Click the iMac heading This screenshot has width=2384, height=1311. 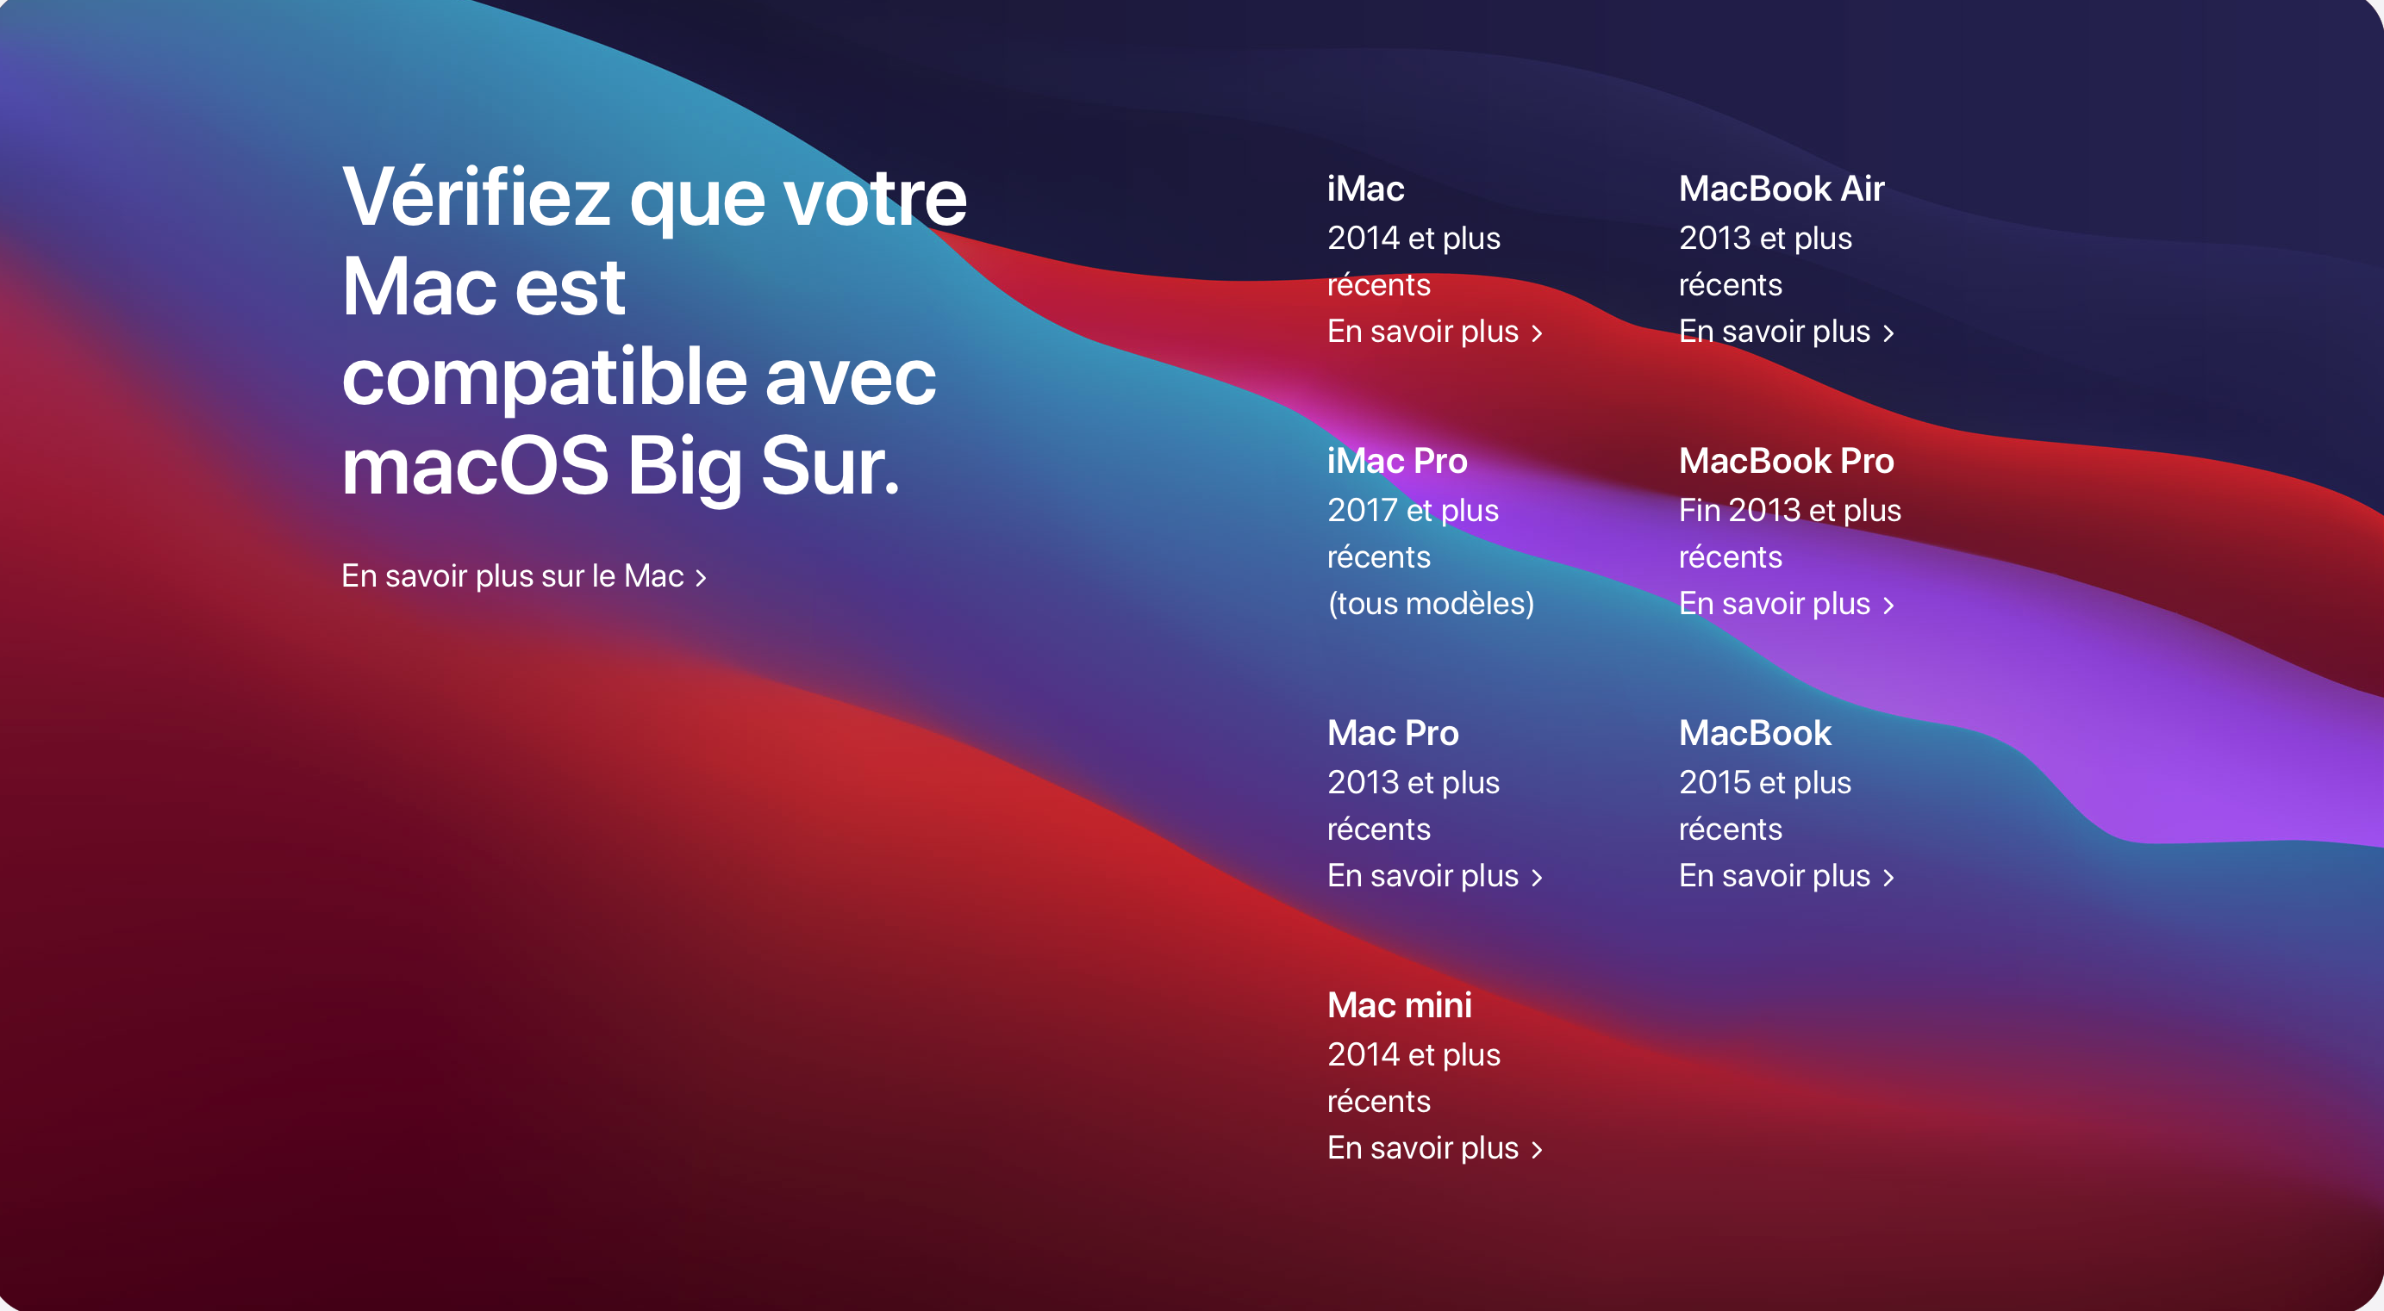coord(1366,189)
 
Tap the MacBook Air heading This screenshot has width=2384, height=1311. coord(1782,189)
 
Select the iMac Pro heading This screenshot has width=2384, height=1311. coord(1397,461)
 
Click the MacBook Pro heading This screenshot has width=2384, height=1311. coord(1786,461)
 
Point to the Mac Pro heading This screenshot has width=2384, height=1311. coord(1393,733)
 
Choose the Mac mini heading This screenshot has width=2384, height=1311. coord(1400,1004)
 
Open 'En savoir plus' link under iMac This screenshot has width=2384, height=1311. coord(1434,332)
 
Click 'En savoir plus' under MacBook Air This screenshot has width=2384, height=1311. coord(1786,332)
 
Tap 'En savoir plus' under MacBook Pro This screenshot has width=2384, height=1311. coord(1786,603)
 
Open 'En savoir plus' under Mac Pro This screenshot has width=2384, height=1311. coord(1434,875)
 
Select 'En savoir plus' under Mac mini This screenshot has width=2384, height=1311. coord(1434,1147)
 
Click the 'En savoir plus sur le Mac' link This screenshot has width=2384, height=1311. coord(524,576)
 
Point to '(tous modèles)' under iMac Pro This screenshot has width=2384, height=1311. coord(1431,604)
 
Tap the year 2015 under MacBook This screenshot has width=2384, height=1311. coord(1714,783)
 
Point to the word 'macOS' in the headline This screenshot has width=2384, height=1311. coord(475,465)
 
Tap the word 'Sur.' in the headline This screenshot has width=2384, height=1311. coord(830,465)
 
